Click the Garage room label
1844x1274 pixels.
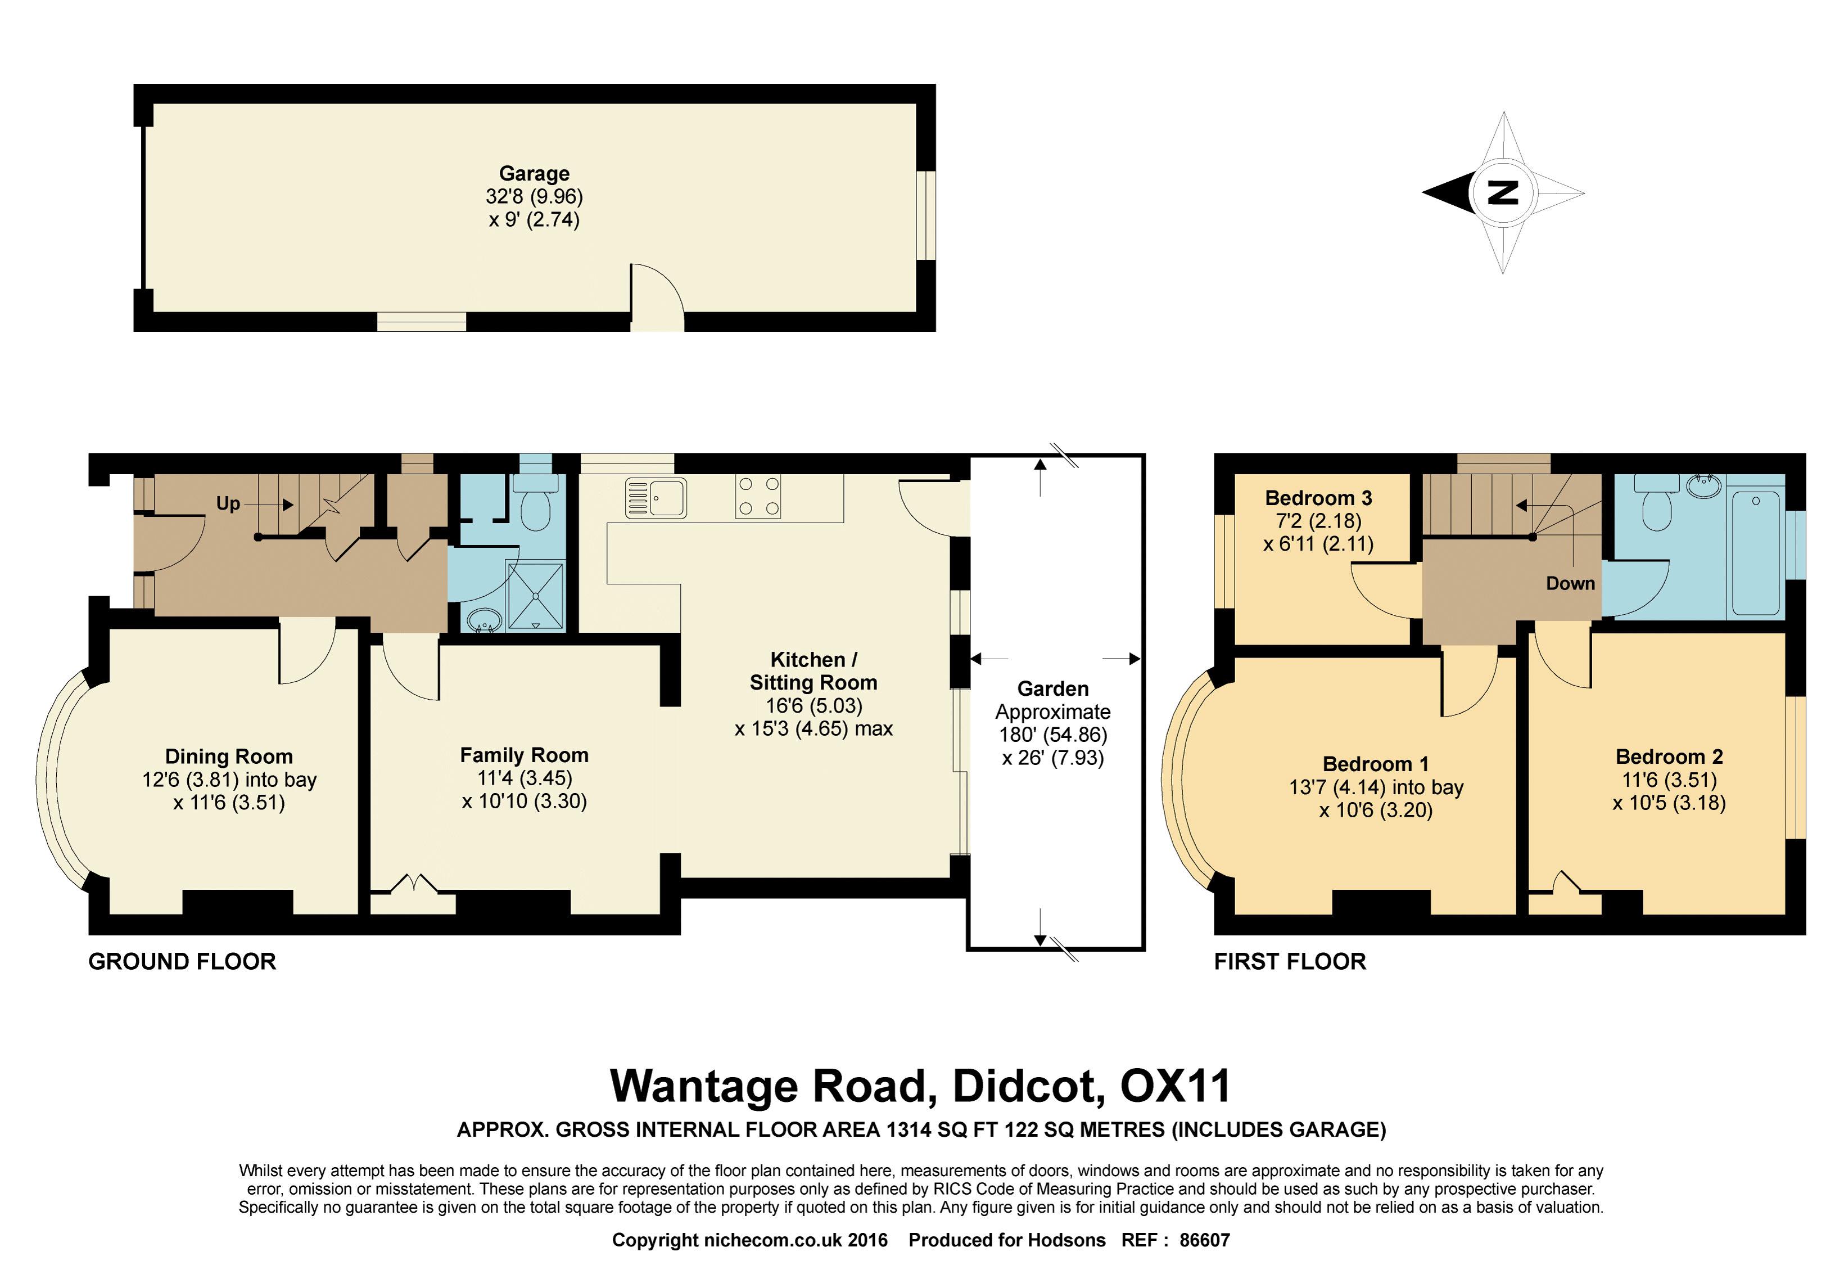coord(534,173)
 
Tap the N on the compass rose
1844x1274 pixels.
coord(1503,192)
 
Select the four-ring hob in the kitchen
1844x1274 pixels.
coord(757,497)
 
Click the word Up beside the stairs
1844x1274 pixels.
coord(228,503)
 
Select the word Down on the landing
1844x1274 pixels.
coord(1570,583)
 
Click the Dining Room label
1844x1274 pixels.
coord(229,756)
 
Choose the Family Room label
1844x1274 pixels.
coord(524,755)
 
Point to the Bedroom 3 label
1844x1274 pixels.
coord(1318,498)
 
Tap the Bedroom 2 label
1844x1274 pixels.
coord(1669,757)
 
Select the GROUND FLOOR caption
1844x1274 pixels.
coord(182,962)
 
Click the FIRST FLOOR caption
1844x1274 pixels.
coord(1290,962)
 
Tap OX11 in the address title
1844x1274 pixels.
coord(1176,1086)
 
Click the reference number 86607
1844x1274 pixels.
coord(1205,1240)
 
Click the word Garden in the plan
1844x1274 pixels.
coord(1052,689)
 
